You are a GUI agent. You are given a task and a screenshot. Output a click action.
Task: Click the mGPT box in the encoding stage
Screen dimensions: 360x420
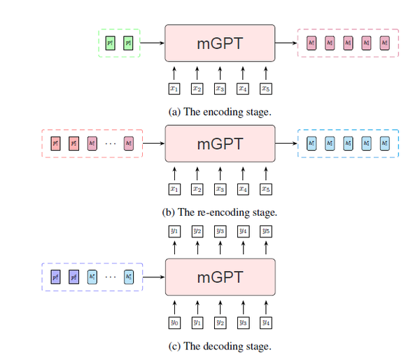(220, 43)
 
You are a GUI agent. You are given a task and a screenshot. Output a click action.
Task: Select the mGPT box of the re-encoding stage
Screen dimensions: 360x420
(220, 144)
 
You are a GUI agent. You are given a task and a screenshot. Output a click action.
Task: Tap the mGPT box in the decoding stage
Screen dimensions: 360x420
(220, 277)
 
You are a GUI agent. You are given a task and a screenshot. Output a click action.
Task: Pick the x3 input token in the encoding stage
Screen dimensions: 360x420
(220, 89)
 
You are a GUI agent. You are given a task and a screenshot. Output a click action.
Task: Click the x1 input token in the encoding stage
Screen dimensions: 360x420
(174, 89)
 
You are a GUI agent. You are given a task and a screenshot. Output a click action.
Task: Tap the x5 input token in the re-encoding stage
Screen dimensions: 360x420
(265, 189)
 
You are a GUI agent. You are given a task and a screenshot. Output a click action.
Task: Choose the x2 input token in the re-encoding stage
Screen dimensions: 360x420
(197, 189)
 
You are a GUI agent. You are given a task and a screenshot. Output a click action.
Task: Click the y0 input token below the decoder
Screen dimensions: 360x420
(174, 322)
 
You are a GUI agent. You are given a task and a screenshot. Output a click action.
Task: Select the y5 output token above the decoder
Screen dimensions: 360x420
(265, 231)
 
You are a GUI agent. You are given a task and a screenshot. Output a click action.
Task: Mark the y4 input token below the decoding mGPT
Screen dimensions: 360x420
(265, 322)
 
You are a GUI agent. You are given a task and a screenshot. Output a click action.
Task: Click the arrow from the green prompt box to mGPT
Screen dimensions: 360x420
(153, 43)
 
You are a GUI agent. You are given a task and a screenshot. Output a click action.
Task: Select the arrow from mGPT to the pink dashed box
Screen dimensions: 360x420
(286, 43)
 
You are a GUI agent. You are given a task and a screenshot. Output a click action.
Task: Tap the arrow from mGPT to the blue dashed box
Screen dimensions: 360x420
(286, 144)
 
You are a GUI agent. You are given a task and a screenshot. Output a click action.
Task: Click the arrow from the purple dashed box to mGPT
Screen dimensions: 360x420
(154, 277)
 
